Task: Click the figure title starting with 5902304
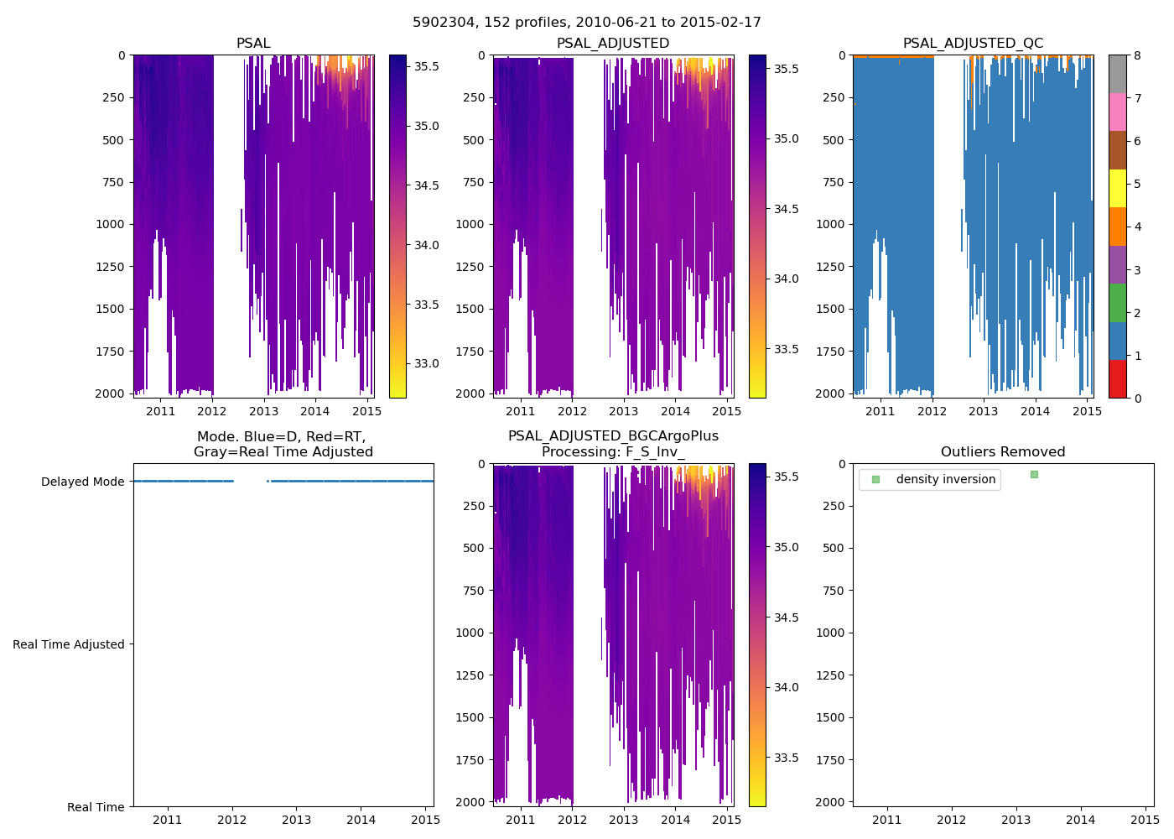586,23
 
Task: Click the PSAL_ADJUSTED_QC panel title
973,44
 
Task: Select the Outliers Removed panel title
1002,452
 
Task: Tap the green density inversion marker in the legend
875,480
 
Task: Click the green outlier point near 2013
1034,475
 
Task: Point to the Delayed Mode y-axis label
82,482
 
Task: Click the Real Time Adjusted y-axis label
69,644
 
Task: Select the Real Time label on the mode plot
96,807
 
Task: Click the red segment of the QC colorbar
1117,378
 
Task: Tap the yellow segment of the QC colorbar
1117,188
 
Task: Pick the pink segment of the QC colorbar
1117,112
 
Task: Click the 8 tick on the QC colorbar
1137,55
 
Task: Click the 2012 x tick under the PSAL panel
212,411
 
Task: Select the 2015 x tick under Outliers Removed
1145,820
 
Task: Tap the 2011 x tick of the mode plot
168,820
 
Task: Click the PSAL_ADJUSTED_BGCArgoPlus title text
613,436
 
